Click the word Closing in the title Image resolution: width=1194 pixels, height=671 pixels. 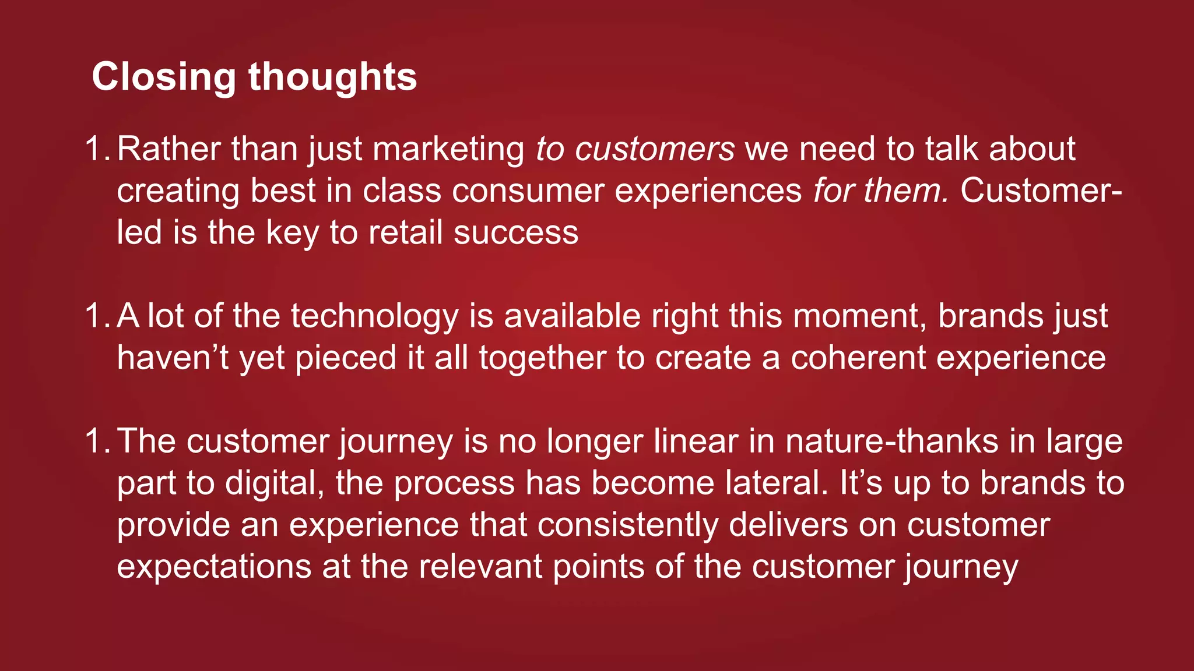[x=163, y=77]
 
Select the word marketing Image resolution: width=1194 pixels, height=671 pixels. [x=448, y=149]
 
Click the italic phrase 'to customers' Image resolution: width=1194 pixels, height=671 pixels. [x=635, y=149]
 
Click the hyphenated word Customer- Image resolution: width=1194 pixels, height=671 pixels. [x=1040, y=191]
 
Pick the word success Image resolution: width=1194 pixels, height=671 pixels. [x=516, y=233]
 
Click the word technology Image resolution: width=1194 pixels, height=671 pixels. [x=375, y=316]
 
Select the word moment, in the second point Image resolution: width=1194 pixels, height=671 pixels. [x=860, y=316]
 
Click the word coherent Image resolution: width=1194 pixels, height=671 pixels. [x=858, y=358]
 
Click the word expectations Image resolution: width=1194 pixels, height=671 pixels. [x=214, y=567]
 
